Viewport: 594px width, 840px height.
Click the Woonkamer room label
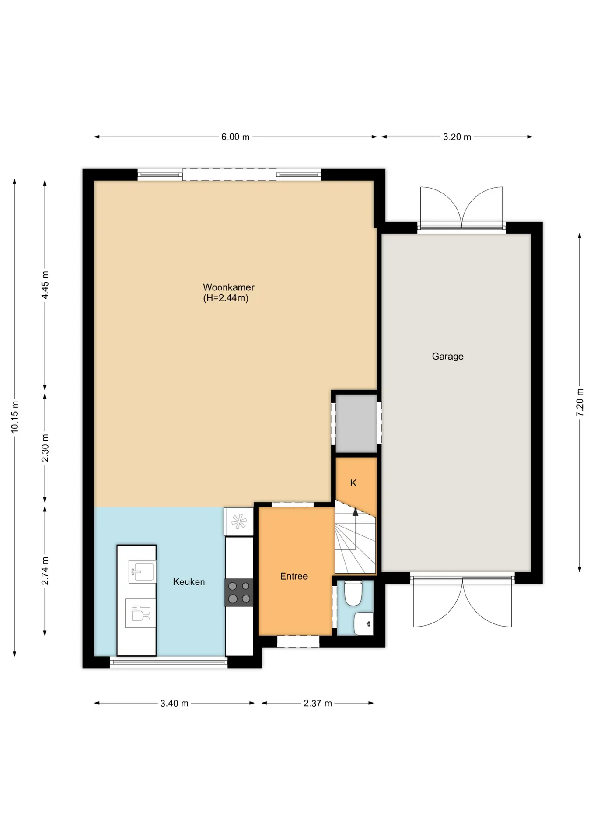[x=228, y=287]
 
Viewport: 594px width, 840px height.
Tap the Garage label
[x=447, y=357]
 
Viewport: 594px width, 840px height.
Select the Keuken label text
[x=189, y=582]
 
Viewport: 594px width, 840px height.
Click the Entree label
[x=294, y=576]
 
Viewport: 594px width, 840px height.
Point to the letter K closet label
[x=353, y=483]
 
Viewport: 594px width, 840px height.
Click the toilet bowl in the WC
[x=353, y=593]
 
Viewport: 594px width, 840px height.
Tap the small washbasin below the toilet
[x=363, y=623]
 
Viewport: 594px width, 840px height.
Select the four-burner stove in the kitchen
[x=239, y=592]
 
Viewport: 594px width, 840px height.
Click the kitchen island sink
[x=142, y=571]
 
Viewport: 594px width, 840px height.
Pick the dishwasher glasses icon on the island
[x=140, y=613]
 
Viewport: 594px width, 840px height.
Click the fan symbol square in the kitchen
[x=239, y=521]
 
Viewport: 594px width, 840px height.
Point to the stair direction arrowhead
[x=355, y=512]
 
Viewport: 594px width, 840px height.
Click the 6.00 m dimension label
[x=235, y=137]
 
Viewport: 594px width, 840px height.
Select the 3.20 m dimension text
[x=457, y=137]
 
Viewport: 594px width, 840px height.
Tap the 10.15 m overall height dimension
[x=15, y=417]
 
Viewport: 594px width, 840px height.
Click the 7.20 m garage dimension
[x=580, y=402]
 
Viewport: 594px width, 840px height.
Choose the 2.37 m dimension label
[x=318, y=703]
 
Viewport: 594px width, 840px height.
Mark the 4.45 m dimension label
[x=45, y=285]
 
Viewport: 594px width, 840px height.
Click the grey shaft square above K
[x=356, y=423]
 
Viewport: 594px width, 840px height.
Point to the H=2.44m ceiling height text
[x=226, y=298]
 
